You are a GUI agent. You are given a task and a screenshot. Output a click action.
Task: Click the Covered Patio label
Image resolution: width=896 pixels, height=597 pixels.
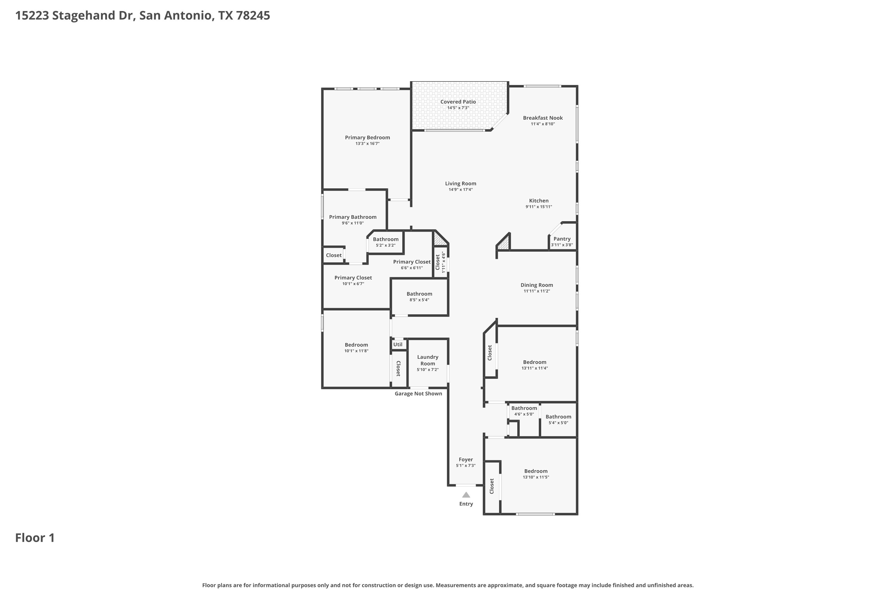(x=458, y=102)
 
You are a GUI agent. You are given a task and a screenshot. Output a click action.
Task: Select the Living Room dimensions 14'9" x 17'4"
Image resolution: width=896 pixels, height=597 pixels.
(x=461, y=190)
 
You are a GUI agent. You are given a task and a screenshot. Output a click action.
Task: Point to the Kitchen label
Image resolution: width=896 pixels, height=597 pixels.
(x=539, y=201)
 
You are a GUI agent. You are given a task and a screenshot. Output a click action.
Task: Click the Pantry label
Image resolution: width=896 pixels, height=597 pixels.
(x=562, y=239)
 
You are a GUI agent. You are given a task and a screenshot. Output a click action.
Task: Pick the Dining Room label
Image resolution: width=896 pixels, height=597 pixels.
(x=537, y=285)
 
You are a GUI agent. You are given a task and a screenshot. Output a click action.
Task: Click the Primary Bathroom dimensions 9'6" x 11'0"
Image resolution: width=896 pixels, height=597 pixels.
(x=353, y=223)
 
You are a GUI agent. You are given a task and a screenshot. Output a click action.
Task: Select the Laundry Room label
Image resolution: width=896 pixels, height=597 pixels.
(x=428, y=360)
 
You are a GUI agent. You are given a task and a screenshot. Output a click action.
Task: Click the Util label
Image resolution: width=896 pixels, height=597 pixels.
(x=398, y=344)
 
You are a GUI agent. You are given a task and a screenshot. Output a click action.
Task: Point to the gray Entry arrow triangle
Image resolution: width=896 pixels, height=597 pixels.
(x=466, y=495)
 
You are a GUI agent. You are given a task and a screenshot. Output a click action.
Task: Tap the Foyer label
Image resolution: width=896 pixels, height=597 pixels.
(x=466, y=460)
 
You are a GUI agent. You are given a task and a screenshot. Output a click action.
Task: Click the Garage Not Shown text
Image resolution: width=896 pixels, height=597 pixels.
(x=418, y=394)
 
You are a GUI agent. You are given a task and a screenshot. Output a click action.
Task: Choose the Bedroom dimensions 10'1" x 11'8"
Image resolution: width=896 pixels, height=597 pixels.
(x=356, y=351)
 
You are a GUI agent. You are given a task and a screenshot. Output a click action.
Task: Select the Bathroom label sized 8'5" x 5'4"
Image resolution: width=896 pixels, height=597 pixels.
(x=419, y=294)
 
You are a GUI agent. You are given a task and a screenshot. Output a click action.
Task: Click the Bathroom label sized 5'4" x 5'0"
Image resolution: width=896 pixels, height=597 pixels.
(x=558, y=417)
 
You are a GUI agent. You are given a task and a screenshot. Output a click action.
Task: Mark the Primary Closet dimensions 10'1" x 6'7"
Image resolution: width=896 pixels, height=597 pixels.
(x=353, y=284)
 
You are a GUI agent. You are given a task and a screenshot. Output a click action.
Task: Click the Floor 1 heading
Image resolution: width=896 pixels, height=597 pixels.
(x=35, y=538)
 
